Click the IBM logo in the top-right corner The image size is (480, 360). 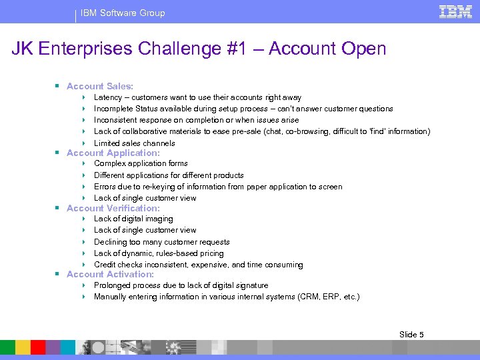point(456,11)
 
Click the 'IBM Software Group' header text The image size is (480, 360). point(123,13)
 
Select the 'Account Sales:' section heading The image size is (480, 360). point(100,86)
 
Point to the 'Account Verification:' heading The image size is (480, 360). point(113,208)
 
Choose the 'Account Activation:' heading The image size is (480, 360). point(110,274)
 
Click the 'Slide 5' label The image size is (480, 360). point(411,334)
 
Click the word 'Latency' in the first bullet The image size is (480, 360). point(107,97)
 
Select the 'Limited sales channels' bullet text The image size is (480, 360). point(134,143)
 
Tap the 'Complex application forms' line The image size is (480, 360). point(141,163)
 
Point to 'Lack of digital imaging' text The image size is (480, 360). point(133,219)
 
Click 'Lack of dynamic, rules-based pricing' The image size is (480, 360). point(159,253)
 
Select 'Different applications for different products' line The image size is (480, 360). point(169,175)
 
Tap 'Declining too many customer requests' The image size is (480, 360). point(161,242)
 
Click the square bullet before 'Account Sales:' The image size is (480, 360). point(59,86)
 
